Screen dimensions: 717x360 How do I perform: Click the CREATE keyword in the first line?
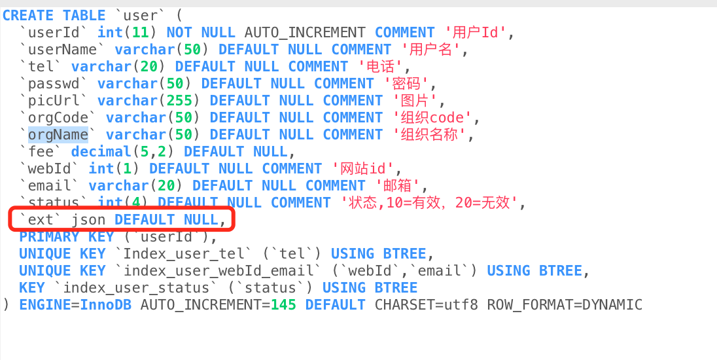28,16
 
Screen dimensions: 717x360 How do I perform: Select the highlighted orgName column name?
58,135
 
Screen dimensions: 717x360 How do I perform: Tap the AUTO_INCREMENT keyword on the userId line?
306,33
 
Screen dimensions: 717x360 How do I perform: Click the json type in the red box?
88,220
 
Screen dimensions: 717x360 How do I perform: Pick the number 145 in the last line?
283,305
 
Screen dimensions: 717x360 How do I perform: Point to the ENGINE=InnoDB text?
75,305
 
